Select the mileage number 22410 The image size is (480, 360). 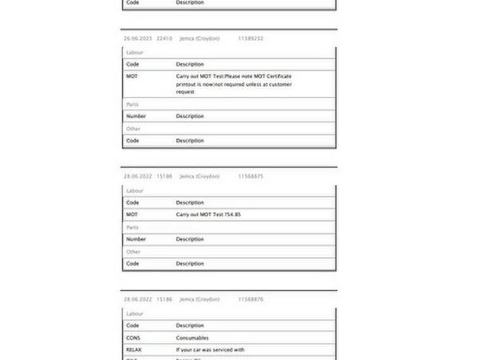[164, 39]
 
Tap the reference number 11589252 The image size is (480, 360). [250, 39]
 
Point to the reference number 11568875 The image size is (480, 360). [250, 177]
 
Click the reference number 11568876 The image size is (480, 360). [250, 299]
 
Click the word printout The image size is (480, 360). [187, 84]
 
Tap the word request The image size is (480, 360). [185, 92]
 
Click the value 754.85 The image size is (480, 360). [233, 214]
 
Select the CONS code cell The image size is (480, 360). [133, 338]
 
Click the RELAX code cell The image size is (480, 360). [133, 349]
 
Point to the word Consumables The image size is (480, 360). [192, 338]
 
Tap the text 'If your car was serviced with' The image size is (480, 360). [210, 349]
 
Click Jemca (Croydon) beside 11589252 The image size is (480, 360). [199, 39]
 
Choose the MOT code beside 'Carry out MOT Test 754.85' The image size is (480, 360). [132, 214]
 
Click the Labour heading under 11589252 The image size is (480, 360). [135, 53]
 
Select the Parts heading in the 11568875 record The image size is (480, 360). [132, 227]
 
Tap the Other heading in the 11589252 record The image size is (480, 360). [133, 128]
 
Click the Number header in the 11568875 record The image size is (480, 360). [136, 239]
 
